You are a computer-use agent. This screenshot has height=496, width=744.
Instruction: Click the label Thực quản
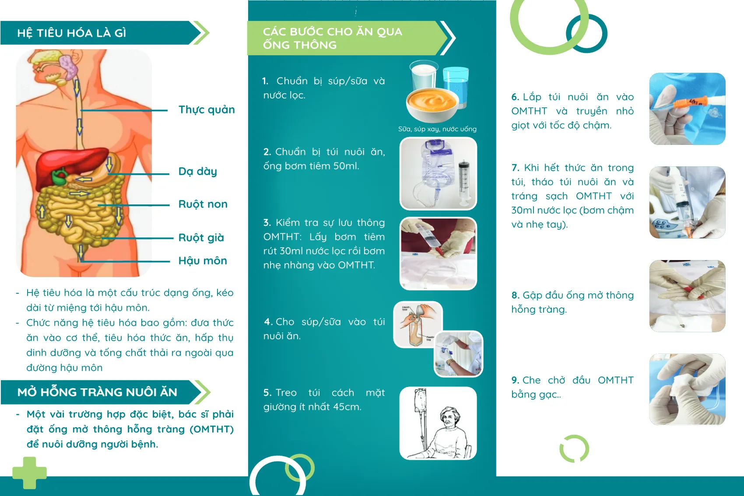[207, 110]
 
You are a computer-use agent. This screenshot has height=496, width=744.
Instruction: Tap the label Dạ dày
[198, 172]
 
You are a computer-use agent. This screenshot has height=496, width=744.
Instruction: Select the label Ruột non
[203, 204]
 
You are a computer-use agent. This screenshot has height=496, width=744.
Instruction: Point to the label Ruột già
[201, 238]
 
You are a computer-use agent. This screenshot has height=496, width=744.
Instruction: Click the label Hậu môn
[203, 260]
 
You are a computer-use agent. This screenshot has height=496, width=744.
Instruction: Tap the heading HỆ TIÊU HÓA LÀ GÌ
[72, 33]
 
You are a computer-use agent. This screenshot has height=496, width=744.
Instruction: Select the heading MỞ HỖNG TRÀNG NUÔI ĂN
[97, 392]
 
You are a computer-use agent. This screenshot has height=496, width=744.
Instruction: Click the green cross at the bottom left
[29, 473]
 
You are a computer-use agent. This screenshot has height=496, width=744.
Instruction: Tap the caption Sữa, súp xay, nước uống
[438, 129]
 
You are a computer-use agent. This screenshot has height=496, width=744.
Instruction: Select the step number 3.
[267, 222]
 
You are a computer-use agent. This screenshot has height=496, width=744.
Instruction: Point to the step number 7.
[515, 168]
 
